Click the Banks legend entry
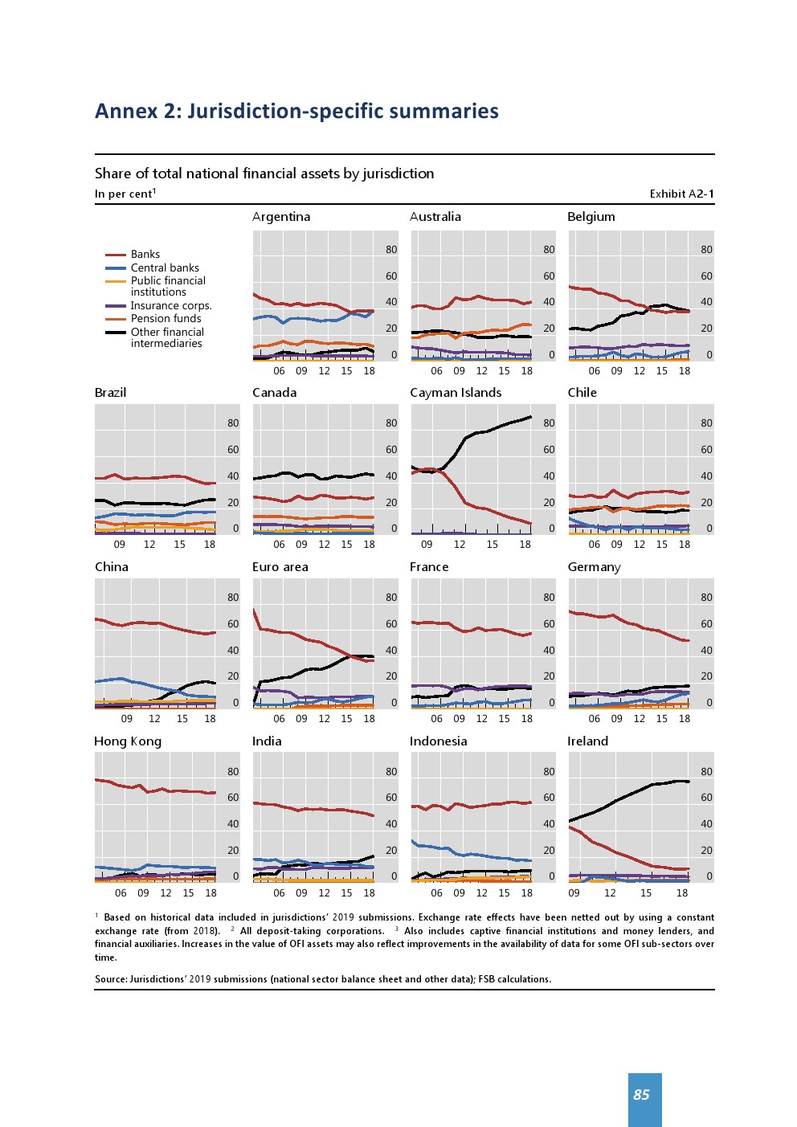click(x=145, y=255)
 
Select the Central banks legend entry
click(x=165, y=268)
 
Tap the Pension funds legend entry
click(x=166, y=319)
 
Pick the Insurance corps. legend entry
click(x=171, y=306)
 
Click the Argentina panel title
click(x=281, y=217)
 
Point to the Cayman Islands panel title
click(x=456, y=393)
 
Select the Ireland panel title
click(x=587, y=741)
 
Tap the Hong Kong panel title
click(x=128, y=741)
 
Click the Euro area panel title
click(x=280, y=567)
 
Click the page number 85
click(x=641, y=1095)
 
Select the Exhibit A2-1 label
click(x=681, y=194)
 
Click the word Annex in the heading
click(x=125, y=111)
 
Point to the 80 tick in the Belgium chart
click(x=706, y=250)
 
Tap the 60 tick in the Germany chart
click(x=706, y=624)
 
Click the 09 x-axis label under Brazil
click(x=120, y=545)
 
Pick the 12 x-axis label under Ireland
click(x=610, y=893)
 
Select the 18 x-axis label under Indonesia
click(x=526, y=893)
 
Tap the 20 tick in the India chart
click(x=391, y=851)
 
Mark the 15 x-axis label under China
click(x=182, y=719)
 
